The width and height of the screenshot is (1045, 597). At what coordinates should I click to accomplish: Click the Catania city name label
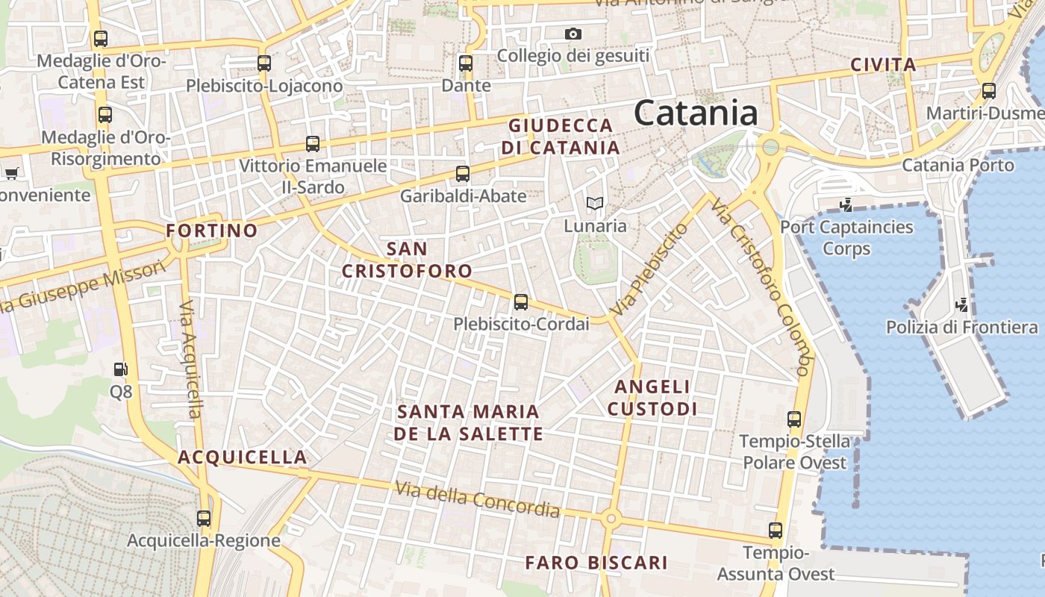696,113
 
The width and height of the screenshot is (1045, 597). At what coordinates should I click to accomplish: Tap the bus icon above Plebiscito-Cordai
521,302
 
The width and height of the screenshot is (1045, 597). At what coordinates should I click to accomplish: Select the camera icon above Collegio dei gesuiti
573,34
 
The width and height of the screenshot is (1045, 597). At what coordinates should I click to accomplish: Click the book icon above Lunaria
594,203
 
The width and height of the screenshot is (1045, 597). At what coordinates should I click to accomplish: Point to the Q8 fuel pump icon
120,369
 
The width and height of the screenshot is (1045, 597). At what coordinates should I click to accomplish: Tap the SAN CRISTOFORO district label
408,259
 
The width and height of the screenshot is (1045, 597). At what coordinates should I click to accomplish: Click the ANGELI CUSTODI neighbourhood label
652,398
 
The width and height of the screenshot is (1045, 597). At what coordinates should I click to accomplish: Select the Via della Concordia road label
478,499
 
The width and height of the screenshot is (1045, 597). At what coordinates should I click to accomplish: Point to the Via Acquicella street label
191,359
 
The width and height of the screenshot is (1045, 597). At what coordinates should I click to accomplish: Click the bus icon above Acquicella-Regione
204,518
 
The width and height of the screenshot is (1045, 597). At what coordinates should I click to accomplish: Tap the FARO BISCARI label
596,563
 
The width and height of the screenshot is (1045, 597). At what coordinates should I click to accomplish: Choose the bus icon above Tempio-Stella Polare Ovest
794,419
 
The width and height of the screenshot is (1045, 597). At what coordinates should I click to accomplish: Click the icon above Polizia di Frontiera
963,304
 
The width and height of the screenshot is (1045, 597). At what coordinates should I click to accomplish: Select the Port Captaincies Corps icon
846,204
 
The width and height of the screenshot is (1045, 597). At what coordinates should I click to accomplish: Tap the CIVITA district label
884,65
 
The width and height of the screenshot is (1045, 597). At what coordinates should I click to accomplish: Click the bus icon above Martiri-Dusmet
989,91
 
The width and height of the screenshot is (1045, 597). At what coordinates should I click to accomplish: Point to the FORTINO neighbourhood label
212,231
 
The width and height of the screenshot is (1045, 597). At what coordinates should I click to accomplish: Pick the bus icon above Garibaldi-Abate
463,174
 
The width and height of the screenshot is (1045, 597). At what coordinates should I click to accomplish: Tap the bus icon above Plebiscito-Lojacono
264,63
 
